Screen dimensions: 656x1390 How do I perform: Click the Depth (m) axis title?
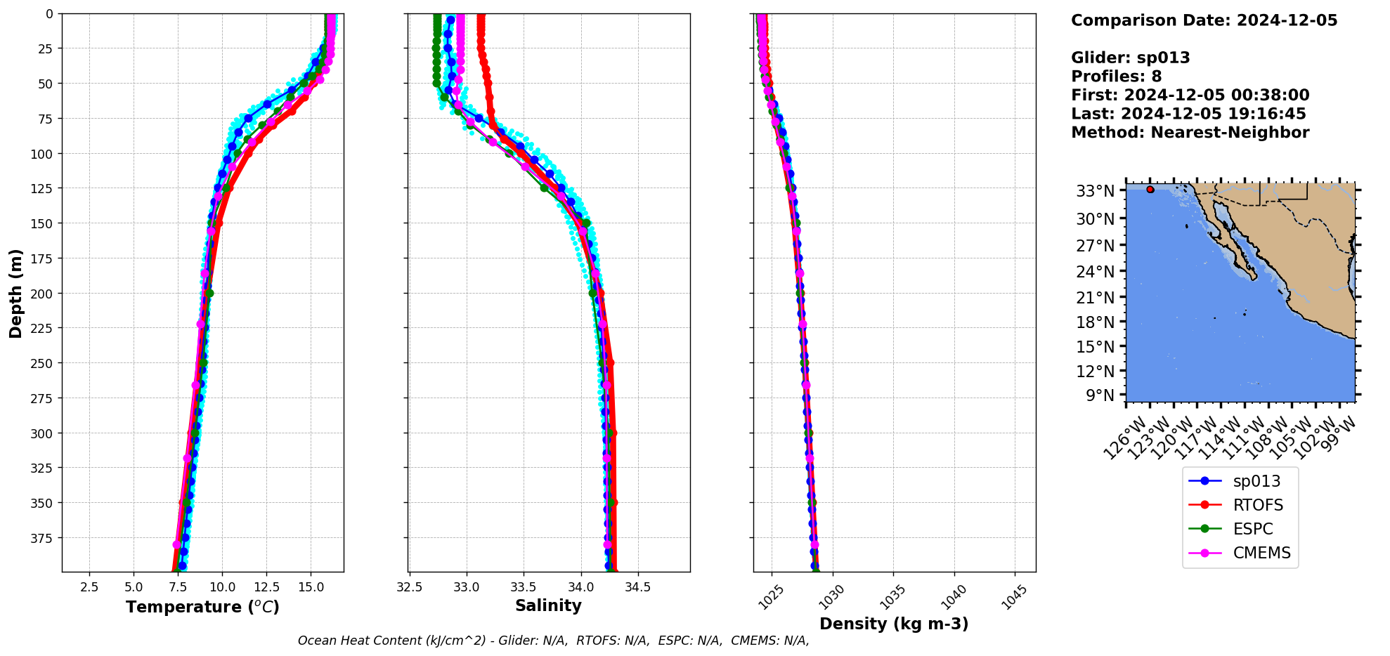[x=15, y=293]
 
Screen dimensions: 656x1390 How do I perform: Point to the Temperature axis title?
[x=202, y=607]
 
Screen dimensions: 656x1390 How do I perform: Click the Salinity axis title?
[x=548, y=605]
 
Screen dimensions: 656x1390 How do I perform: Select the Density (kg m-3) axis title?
[x=894, y=624]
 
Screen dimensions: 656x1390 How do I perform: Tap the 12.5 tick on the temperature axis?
[x=266, y=587]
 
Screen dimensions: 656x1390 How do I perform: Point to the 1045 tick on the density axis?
[x=1014, y=597]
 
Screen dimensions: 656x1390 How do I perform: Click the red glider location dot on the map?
[x=1150, y=190]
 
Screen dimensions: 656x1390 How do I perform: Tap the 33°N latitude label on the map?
[x=1095, y=191]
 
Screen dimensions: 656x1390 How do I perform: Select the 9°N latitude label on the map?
[x=1100, y=395]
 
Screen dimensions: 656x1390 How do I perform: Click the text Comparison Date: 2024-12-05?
[x=1204, y=20]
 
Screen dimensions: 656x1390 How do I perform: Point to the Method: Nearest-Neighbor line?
[x=1190, y=133]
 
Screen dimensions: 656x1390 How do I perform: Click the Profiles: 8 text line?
[x=1116, y=77]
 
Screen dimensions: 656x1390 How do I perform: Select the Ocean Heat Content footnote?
[x=553, y=641]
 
